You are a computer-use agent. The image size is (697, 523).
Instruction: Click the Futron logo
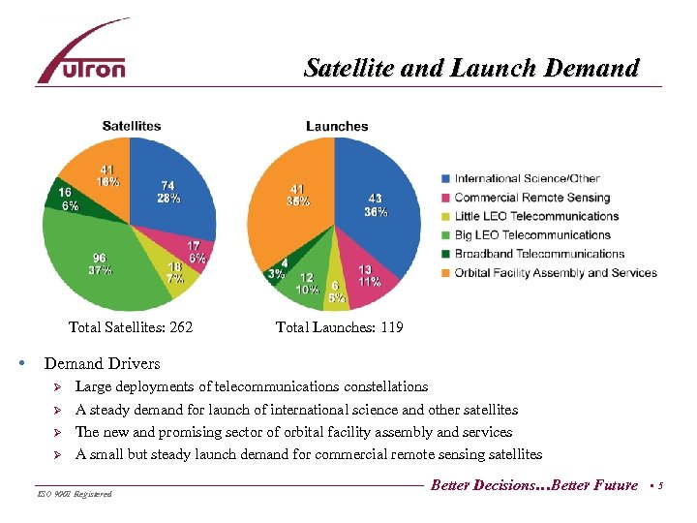(82, 54)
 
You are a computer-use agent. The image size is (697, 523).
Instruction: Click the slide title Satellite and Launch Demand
(471, 69)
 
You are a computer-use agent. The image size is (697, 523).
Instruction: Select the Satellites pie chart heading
(132, 126)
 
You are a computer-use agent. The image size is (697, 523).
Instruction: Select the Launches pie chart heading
(337, 126)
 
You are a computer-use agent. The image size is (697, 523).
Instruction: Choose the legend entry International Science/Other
(527, 178)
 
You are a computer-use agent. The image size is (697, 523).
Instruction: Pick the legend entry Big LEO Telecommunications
(532, 234)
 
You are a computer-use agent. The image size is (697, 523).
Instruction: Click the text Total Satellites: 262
(131, 327)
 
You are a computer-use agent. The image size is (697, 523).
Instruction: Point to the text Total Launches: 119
(339, 327)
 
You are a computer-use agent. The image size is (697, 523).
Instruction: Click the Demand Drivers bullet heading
(103, 364)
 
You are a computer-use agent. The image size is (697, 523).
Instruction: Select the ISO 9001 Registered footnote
(76, 494)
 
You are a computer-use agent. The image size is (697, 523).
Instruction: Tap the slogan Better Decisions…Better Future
(534, 485)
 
